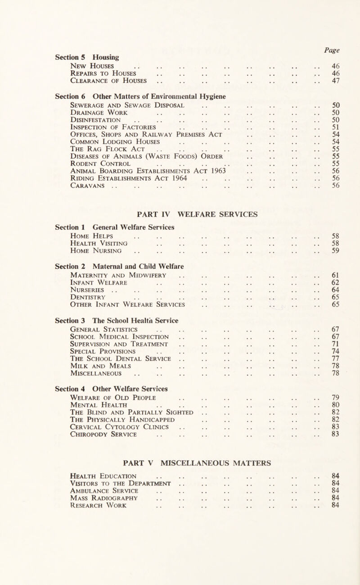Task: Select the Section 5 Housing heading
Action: tap(84, 57)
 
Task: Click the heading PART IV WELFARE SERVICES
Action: tap(180, 214)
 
